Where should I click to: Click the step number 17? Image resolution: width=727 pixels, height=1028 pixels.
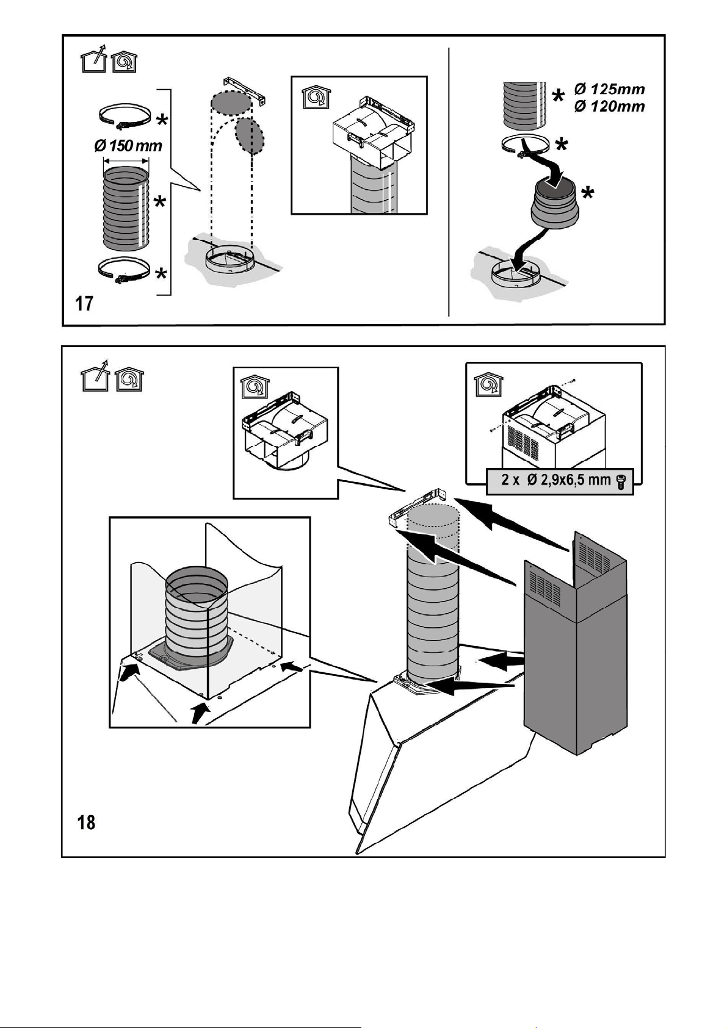pos(84,303)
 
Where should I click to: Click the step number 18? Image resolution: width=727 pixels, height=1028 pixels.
pos(86,822)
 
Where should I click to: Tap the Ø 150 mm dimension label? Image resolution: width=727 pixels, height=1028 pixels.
pos(128,146)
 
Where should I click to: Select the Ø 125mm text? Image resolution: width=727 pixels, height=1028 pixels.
pos(609,89)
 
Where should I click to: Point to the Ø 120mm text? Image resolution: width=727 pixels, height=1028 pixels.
pos(609,107)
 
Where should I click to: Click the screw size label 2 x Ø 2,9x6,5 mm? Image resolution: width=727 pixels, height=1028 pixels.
pos(555,480)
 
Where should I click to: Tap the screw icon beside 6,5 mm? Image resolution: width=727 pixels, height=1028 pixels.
pos(622,481)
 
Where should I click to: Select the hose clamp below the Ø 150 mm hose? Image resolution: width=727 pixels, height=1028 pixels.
pos(125,271)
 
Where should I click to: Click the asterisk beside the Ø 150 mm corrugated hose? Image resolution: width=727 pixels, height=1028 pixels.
pos(160,201)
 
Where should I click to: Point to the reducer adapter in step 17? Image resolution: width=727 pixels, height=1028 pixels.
pos(554,204)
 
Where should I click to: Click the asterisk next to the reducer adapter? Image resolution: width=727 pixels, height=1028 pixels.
pos(587,193)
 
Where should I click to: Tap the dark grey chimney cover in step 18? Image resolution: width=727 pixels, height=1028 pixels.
pos(576,642)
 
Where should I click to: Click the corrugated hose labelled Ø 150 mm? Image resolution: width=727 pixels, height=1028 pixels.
pos(126,209)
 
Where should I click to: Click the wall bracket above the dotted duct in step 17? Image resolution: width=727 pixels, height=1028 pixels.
pos(245,91)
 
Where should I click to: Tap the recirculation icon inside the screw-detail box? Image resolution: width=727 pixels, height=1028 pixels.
pos(488,384)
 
